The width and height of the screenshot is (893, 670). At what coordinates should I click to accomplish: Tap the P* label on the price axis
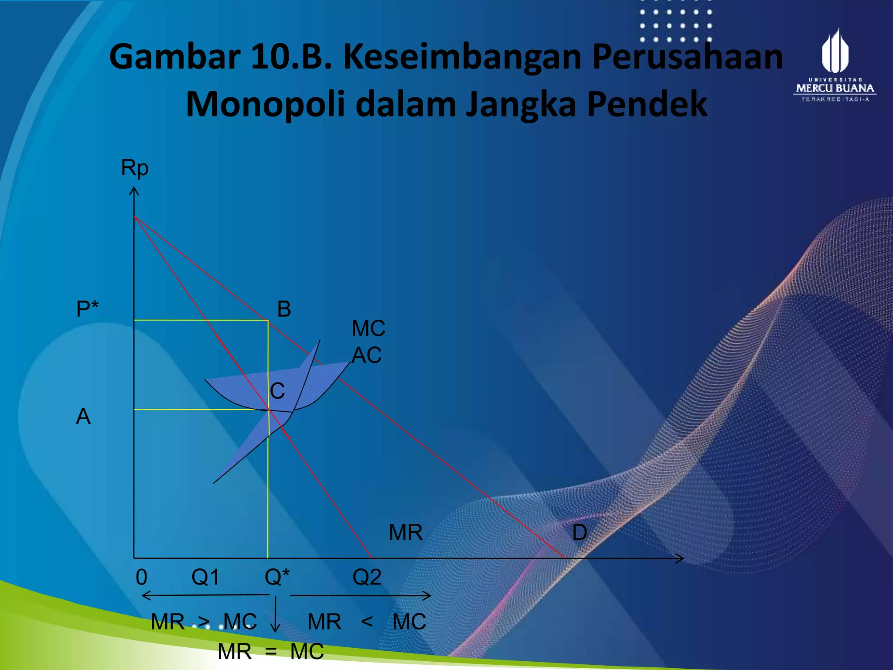coord(87,309)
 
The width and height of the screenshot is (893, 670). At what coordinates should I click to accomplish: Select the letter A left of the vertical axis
coord(83,416)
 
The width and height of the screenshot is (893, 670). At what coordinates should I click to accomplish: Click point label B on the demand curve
coord(284,309)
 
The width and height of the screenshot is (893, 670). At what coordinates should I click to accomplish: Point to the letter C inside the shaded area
coord(277,391)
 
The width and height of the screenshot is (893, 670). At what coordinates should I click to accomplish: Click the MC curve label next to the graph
coord(368,328)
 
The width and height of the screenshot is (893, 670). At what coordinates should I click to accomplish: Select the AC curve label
coord(367,355)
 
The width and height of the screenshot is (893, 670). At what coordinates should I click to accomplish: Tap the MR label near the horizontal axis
coord(406,533)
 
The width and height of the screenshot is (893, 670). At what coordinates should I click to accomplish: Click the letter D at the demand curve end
coord(579,533)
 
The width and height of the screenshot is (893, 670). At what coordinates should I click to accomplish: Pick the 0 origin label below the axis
coord(142,577)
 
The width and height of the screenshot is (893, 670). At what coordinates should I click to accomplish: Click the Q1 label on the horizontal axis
coord(205,577)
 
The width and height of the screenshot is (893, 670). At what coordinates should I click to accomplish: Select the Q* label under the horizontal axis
coord(277,577)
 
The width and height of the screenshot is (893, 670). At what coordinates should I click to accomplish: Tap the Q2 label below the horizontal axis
coord(367,577)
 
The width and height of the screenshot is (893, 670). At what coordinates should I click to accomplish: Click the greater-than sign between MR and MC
coord(204,622)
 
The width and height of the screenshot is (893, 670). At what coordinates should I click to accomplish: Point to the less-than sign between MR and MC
coord(367,621)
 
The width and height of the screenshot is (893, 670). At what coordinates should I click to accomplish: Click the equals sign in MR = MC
coord(271,652)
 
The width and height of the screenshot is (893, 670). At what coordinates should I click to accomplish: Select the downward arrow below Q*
coord(275,615)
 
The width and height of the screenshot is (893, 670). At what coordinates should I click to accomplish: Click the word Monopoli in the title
coord(266,104)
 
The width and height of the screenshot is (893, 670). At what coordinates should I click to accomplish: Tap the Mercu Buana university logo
coord(835,65)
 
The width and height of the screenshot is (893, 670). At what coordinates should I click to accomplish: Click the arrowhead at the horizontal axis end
coord(680,558)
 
